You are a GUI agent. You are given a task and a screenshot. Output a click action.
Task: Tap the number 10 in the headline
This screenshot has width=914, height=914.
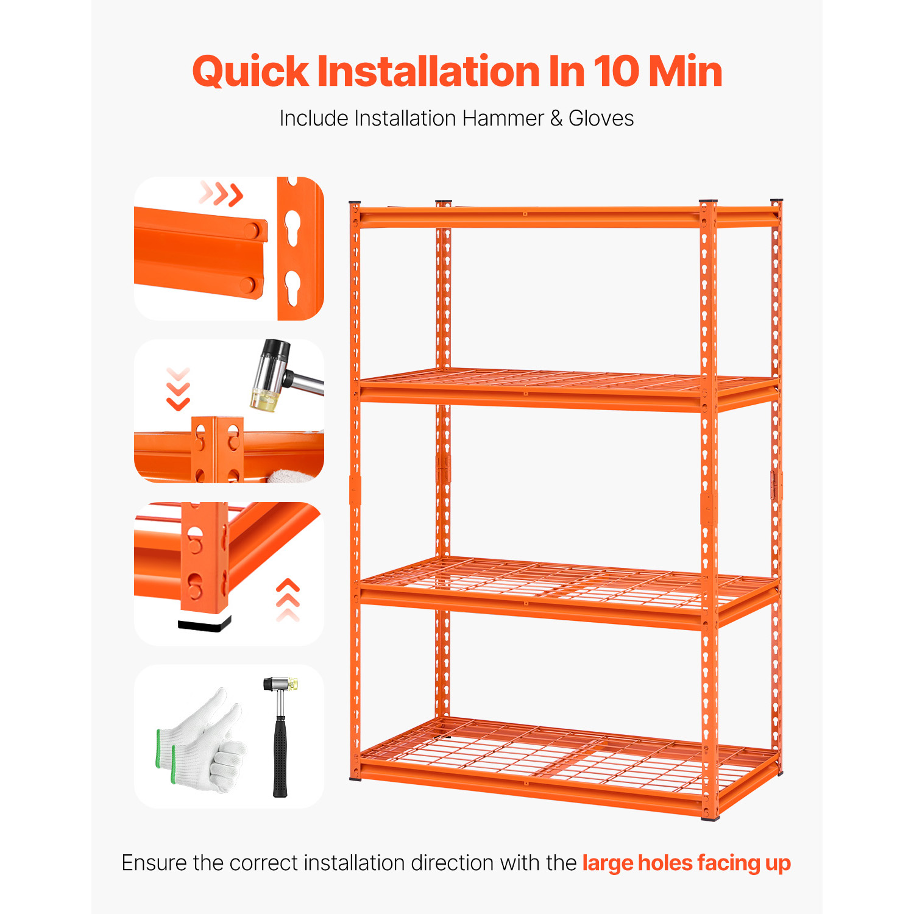click(615, 71)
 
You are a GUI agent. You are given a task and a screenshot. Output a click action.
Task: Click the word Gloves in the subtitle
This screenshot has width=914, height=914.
click(601, 118)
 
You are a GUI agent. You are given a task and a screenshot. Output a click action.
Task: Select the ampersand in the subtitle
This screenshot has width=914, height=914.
click(556, 118)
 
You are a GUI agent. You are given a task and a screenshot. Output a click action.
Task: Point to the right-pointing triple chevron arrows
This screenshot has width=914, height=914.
click(221, 194)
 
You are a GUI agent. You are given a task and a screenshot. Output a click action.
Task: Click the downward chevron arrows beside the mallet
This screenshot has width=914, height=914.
click(178, 389)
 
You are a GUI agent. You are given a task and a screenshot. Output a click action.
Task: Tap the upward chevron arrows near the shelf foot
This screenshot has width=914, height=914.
click(288, 600)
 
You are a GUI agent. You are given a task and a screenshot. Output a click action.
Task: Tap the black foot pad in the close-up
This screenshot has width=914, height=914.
click(205, 622)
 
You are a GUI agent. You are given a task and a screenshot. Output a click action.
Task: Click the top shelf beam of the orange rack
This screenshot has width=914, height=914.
click(567, 217)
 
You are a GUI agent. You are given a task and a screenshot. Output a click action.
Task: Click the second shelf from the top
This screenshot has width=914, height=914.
click(567, 390)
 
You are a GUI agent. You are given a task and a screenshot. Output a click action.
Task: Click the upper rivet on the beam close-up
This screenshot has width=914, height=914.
click(252, 230)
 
